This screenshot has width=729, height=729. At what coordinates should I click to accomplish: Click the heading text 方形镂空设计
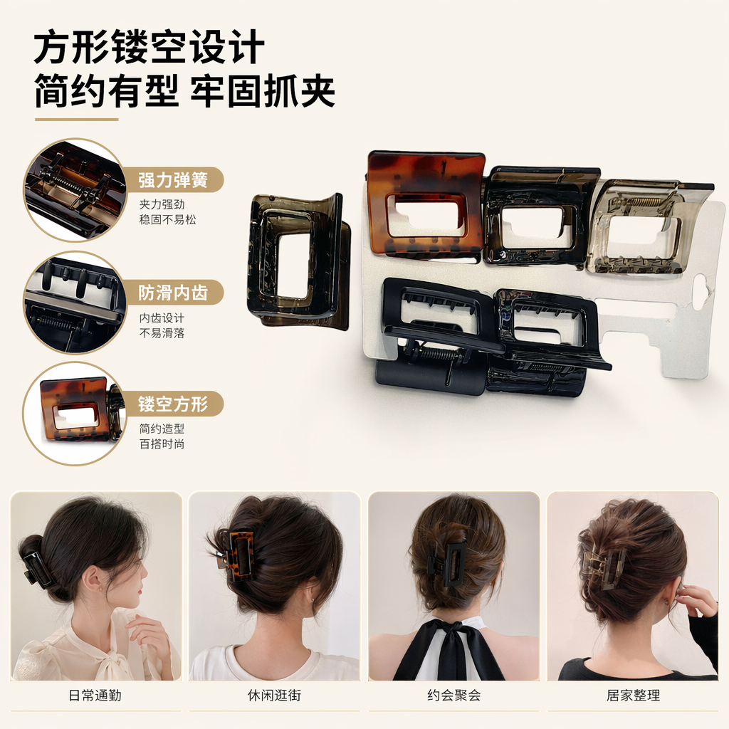(x=150, y=47)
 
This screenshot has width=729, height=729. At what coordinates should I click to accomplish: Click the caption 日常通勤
(x=95, y=695)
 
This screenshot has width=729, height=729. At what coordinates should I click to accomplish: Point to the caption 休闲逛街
(x=274, y=695)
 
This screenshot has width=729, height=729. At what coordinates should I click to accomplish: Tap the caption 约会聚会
(x=453, y=695)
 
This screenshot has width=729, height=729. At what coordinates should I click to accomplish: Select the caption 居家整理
(x=633, y=695)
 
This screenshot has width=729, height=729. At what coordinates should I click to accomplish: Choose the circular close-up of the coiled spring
(x=75, y=189)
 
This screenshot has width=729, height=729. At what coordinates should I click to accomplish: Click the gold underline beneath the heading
(x=77, y=120)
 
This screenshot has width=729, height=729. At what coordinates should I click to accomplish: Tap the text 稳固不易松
(x=167, y=219)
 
